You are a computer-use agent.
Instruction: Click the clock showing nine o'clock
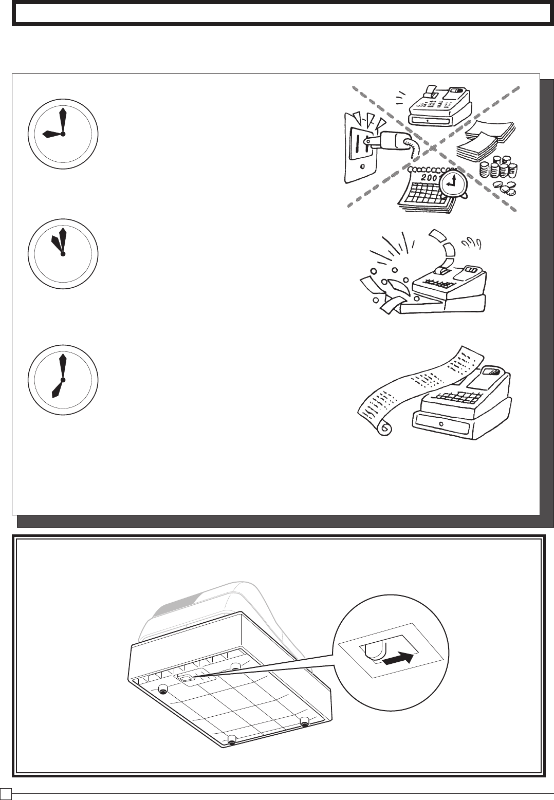[x=62, y=134]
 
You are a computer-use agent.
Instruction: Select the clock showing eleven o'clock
[x=62, y=254]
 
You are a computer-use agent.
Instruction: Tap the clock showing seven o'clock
[x=62, y=380]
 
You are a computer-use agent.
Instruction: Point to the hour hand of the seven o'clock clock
[x=57, y=389]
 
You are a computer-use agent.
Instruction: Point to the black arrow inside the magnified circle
[x=398, y=659]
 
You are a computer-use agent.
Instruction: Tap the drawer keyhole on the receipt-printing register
[x=441, y=424]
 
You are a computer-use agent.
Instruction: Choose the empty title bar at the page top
[x=282, y=14]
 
